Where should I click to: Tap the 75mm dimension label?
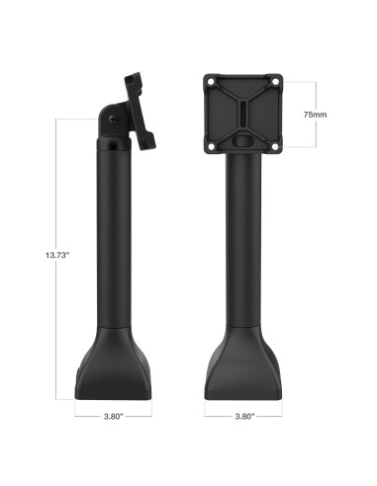pos(315,114)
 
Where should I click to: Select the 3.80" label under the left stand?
pos(113,416)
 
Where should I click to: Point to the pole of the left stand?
pos(114,247)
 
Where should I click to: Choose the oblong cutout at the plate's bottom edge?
pos(243,140)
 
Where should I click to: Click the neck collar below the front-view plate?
pos(242,157)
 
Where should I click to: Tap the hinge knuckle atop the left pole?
pos(112,128)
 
